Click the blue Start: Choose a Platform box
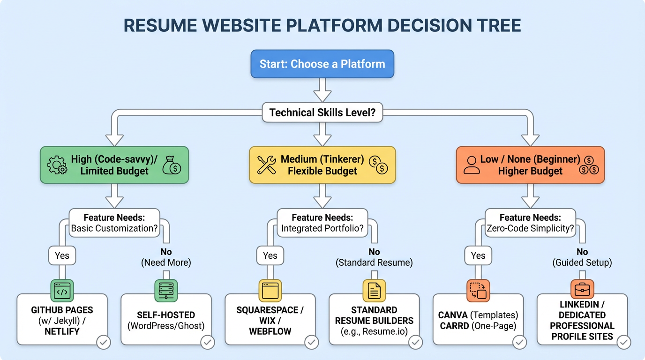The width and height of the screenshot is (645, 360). [322, 64]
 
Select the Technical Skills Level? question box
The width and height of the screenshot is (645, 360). [322, 112]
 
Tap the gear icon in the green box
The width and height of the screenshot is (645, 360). [57, 165]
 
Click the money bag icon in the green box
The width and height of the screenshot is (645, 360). [172, 165]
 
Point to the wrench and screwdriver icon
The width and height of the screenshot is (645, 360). [266, 165]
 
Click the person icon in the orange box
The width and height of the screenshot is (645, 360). [472, 165]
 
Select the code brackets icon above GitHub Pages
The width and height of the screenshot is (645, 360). [62, 290]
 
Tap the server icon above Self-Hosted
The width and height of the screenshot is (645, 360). [166, 290]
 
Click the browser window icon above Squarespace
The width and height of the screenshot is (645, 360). [270, 290]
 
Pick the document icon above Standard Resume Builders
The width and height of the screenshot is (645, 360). [374, 290]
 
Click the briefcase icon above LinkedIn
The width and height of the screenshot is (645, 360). [582, 290]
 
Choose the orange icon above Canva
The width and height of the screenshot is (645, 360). [478, 290]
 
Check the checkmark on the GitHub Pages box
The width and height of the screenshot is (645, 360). [104, 343]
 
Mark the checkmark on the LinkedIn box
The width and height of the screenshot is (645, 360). [623, 343]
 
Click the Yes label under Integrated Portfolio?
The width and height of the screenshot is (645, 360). [270, 255]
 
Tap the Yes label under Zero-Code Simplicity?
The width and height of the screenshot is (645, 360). [478, 255]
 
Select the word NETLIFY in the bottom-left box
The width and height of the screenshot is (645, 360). [62, 331]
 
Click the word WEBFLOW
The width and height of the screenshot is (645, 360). [270, 331]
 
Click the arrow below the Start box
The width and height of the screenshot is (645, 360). [322, 90]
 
